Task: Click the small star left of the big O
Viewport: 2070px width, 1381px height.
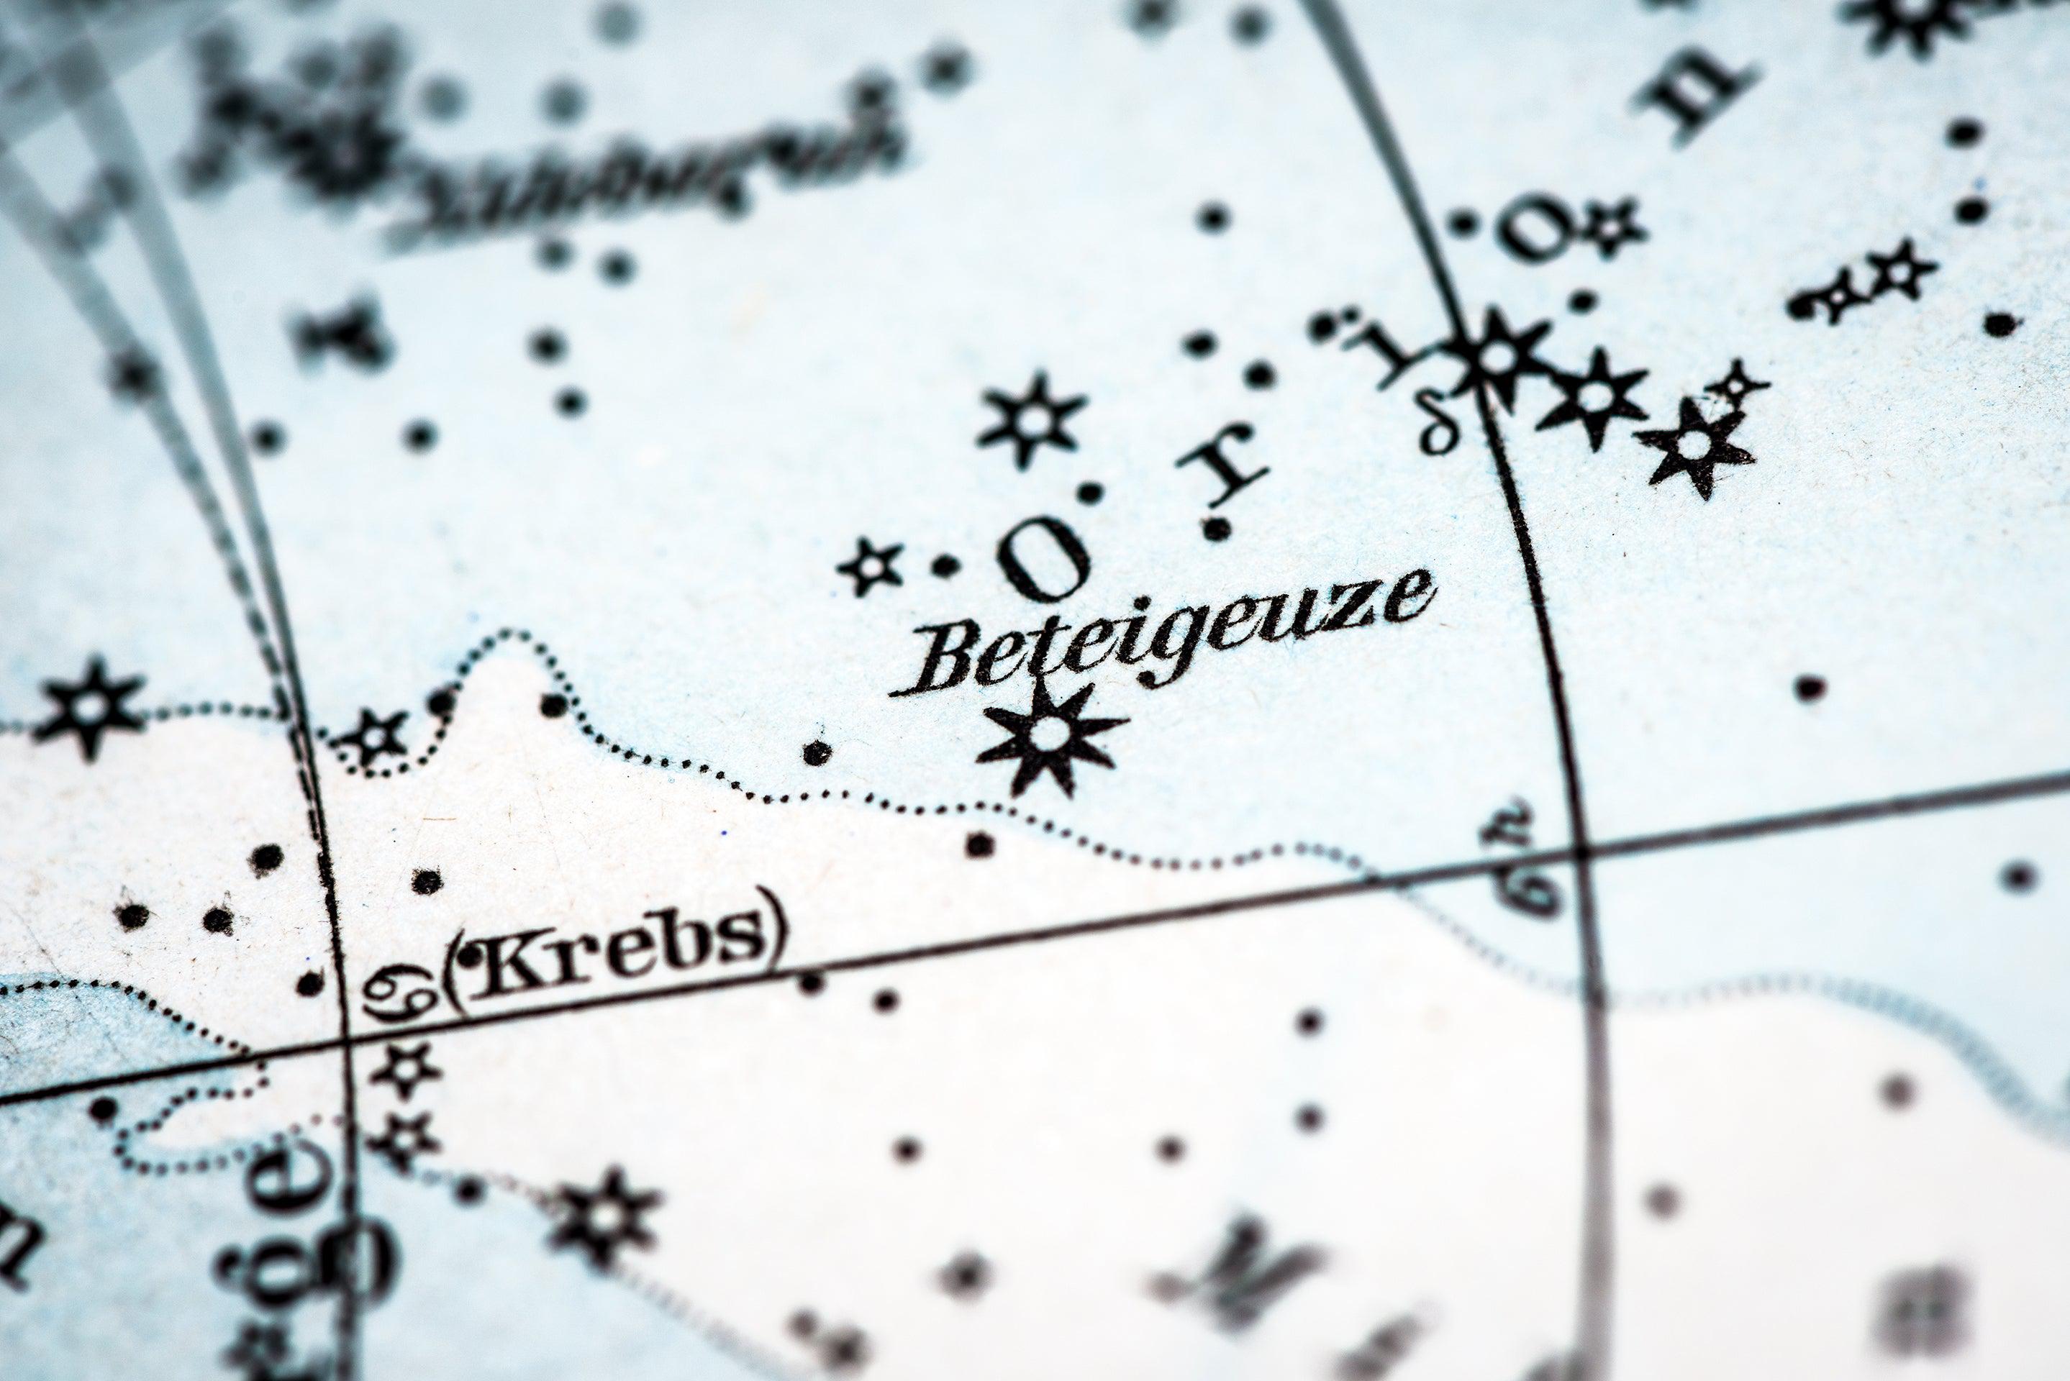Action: click(871, 566)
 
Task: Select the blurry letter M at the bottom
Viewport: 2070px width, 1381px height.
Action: click(1233, 1277)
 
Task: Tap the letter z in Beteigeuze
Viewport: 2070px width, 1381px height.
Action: click(1360, 608)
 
